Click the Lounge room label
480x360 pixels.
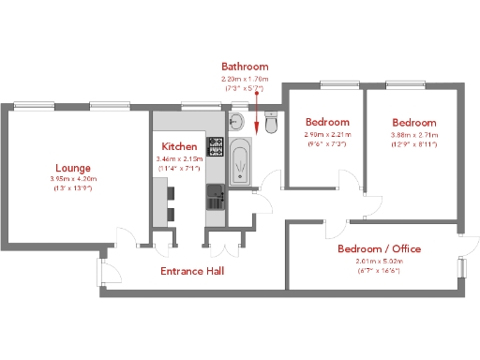click(x=72, y=168)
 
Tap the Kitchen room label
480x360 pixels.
click(x=179, y=147)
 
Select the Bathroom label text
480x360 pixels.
click(x=245, y=67)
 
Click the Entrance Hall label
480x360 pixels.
click(x=192, y=271)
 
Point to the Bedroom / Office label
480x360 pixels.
click(x=379, y=248)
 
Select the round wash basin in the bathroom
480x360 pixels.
click(x=238, y=121)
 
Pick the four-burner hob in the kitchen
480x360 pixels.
click(x=215, y=146)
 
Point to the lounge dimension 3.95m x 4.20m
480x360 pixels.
click(x=72, y=179)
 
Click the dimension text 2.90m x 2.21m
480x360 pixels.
click(x=327, y=135)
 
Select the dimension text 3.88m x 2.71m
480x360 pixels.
click(x=412, y=135)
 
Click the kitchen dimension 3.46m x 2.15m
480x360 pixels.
click(x=178, y=159)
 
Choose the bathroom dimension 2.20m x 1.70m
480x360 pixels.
click(x=245, y=79)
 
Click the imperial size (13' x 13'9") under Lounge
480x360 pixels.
click(x=72, y=189)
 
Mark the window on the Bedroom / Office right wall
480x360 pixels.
click(x=460, y=266)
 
